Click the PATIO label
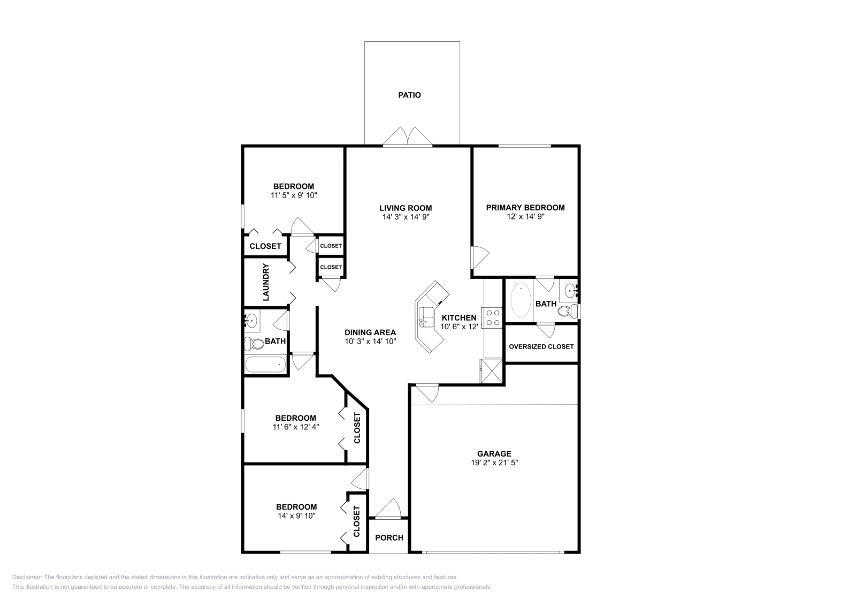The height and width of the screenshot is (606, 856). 409,95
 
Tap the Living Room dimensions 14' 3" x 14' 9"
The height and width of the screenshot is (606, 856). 406,217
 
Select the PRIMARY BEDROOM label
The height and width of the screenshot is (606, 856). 525,208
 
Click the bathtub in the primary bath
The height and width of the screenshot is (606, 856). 521,300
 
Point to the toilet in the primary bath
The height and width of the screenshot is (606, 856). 569,311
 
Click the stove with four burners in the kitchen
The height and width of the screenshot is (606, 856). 493,317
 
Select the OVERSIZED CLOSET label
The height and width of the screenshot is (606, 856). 541,347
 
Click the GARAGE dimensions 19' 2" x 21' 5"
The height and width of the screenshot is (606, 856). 494,463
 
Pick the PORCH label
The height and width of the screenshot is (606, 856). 389,537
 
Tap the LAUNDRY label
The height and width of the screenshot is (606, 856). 266,281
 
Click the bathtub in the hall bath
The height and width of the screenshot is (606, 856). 265,366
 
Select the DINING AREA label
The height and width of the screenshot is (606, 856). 370,332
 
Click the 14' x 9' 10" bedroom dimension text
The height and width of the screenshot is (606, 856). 296,516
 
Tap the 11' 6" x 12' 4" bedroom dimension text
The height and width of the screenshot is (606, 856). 296,427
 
